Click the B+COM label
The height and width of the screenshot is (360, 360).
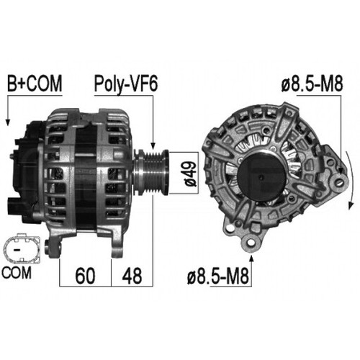pyautogui.click(x=33, y=84)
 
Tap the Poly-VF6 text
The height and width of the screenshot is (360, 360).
pyautogui.click(x=126, y=84)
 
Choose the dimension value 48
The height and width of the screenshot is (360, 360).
pyautogui.click(x=132, y=274)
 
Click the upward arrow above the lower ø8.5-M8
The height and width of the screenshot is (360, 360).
pyautogui.click(x=251, y=256)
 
